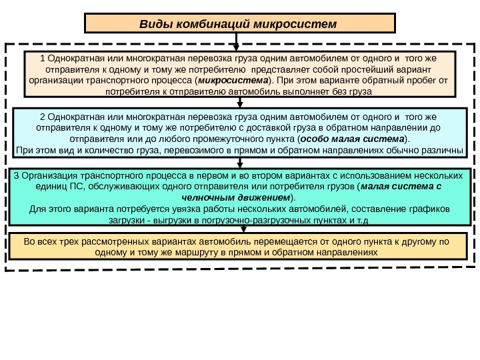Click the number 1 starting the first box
41,58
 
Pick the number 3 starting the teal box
17,175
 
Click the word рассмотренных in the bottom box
107,241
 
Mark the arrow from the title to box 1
237,41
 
